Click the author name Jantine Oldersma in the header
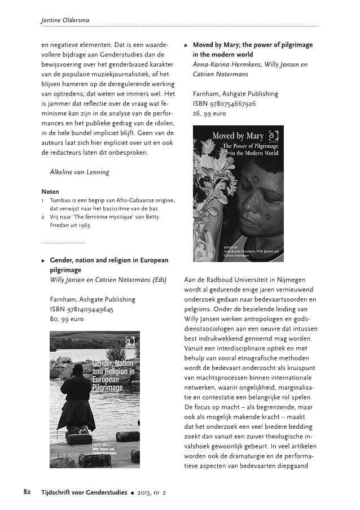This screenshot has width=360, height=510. click(65, 20)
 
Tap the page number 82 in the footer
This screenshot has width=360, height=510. click(27, 491)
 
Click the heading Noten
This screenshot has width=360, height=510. click(50, 191)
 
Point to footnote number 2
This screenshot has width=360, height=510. click(43, 217)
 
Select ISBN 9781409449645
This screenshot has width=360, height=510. click(82, 309)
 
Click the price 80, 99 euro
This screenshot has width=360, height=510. click(67, 319)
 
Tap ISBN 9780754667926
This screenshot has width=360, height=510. click(224, 103)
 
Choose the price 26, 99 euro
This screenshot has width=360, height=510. click(209, 114)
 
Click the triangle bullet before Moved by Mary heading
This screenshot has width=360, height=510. click(186, 45)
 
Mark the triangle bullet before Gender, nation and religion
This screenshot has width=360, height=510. click(43, 260)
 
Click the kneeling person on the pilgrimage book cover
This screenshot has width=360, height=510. click(77, 398)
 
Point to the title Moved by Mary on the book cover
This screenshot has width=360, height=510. click(238, 136)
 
